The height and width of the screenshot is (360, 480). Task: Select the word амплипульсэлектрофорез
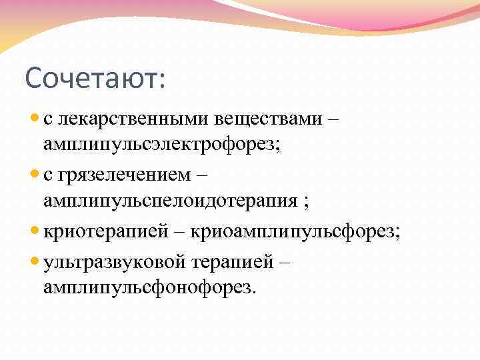coord(162,145)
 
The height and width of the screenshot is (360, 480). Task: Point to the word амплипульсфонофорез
coord(149,287)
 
